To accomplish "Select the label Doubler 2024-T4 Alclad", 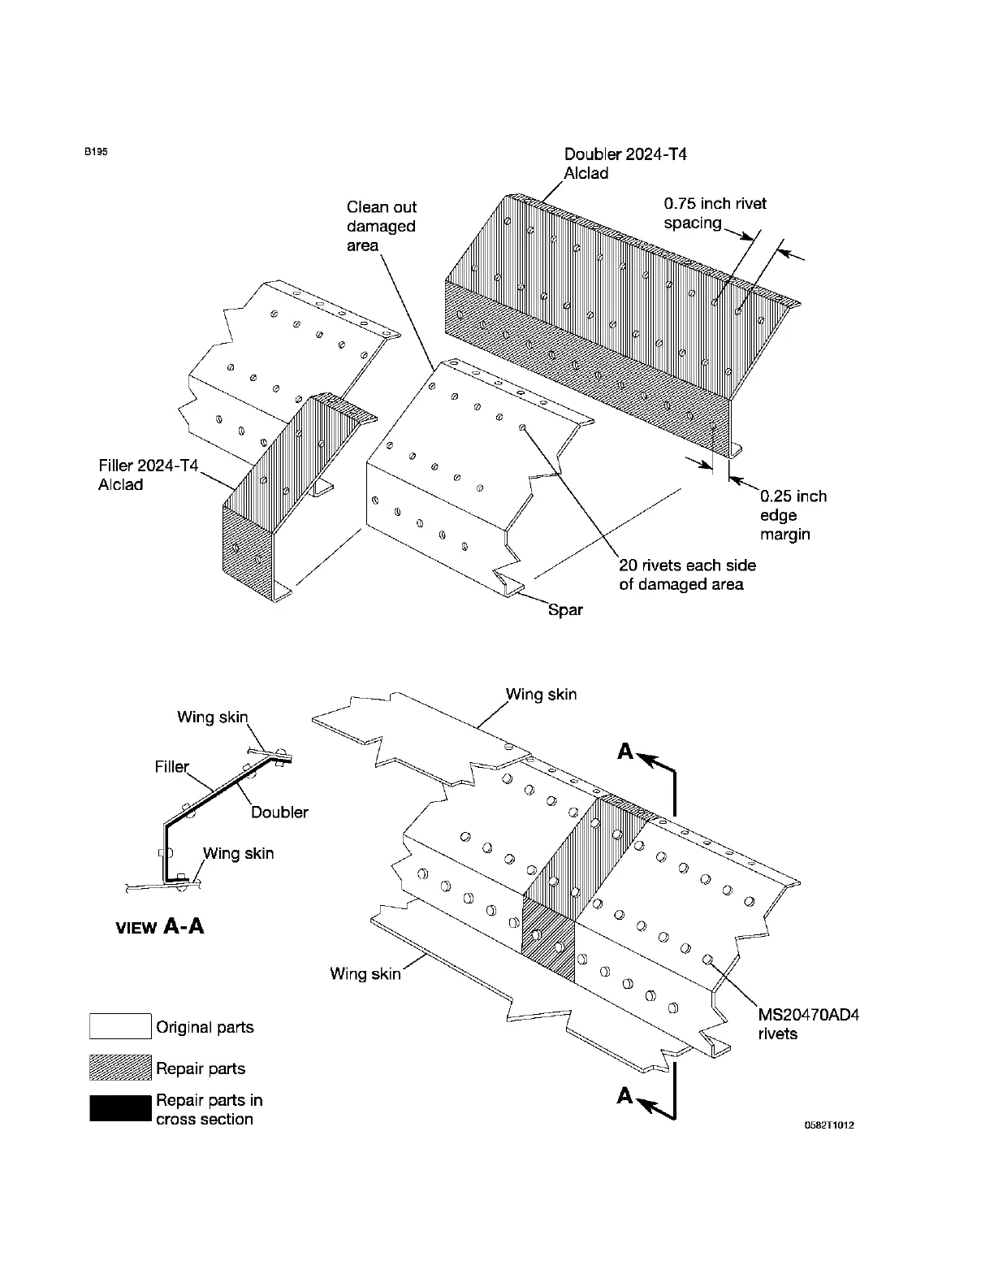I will click(x=625, y=163).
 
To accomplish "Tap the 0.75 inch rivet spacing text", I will click(x=715, y=213).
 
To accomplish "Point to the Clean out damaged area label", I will click(x=381, y=227).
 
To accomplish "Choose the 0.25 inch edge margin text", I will click(x=793, y=515).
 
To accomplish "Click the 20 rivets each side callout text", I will click(x=687, y=575).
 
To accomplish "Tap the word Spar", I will click(x=565, y=609).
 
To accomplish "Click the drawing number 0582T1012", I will click(x=829, y=1125).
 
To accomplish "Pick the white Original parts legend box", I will click(x=120, y=1026).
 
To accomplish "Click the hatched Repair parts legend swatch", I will click(x=120, y=1068).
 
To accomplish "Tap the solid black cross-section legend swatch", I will click(x=120, y=1108).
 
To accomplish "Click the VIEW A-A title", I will click(x=160, y=926).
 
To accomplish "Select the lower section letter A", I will click(x=624, y=1097).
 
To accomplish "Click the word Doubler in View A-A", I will click(x=279, y=812).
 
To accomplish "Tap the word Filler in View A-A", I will click(x=171, y=766).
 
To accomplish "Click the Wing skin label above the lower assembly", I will click(x=541, y=695).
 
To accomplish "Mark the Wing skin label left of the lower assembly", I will click(x=365, y=973).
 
